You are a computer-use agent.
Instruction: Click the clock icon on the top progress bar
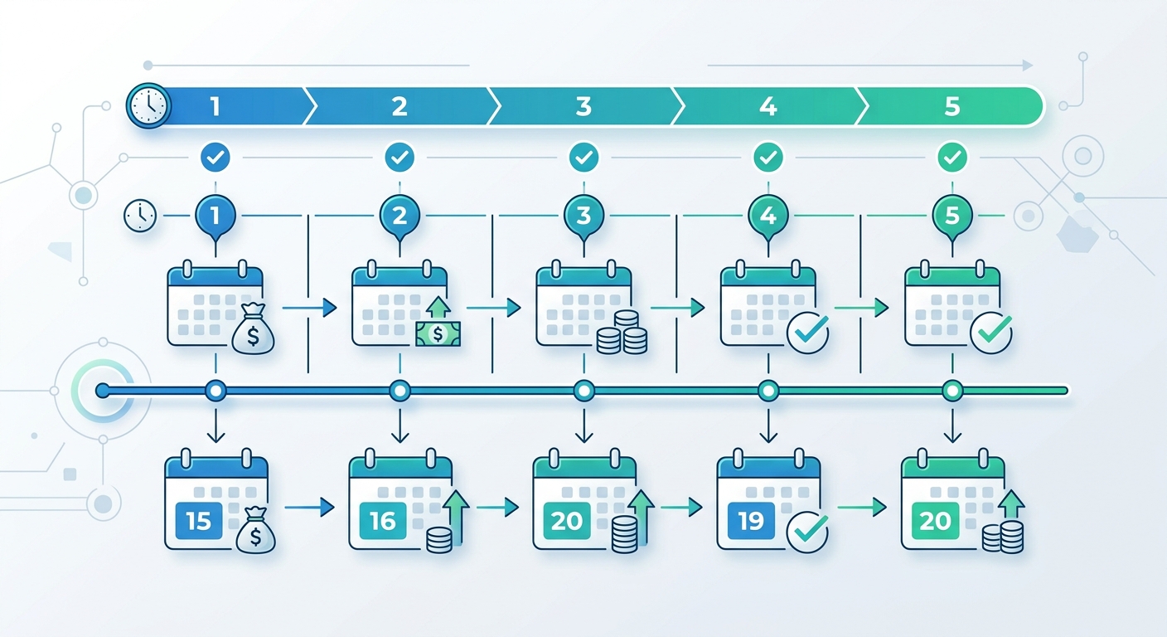149,106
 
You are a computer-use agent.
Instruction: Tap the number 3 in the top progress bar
583,106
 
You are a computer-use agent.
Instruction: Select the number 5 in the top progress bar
952,106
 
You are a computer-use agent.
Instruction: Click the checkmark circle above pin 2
399,157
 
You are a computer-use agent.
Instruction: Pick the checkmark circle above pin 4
768,157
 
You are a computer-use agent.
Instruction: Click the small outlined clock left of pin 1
140,216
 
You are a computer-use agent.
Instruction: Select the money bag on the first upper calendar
253,329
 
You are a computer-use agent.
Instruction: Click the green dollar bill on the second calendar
438,333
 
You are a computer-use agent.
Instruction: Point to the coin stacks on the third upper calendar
622,333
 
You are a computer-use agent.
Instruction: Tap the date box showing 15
199,521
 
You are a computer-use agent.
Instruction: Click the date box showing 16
383,521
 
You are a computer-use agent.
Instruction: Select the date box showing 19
751,521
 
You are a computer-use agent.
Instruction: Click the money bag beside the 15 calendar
256,530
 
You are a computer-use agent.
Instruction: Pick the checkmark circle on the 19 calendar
808,532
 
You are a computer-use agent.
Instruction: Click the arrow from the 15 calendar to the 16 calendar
309,507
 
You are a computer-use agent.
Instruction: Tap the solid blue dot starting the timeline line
103,391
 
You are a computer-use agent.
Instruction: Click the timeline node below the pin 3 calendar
584,391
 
